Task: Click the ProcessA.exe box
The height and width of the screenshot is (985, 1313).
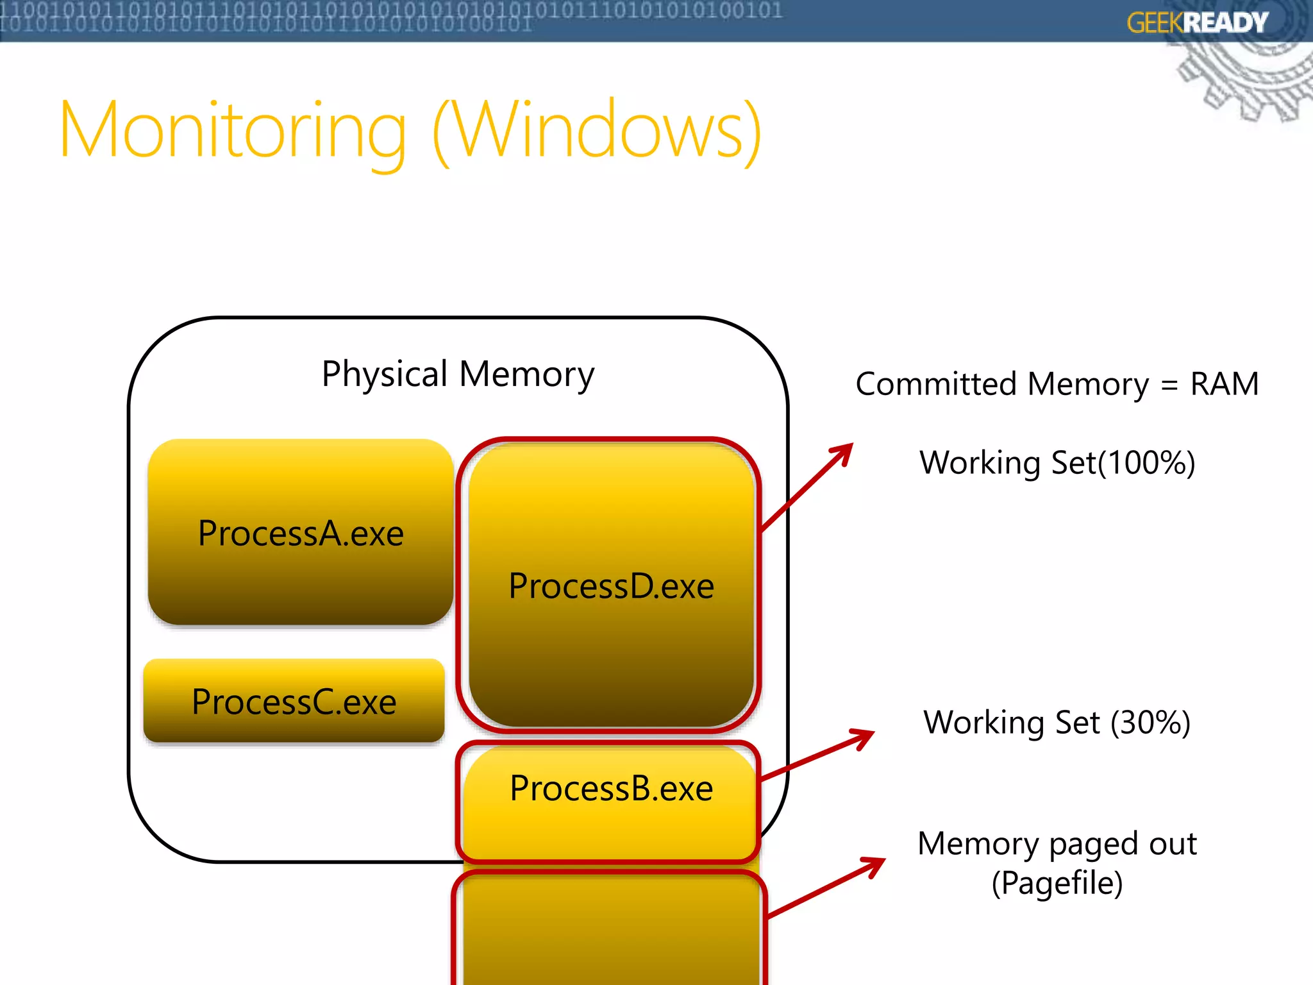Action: [300, 532]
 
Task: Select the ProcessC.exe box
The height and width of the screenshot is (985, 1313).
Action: [294, 701]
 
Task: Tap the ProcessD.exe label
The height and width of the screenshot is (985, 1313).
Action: [611, 586]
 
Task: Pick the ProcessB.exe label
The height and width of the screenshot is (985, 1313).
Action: [611, 788]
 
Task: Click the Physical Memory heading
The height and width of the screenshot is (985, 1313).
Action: [458, 374]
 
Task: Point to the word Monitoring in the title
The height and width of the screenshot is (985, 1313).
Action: [233, 130]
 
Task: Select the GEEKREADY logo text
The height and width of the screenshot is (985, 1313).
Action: [1197, 23]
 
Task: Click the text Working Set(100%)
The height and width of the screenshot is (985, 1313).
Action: [1057, 462]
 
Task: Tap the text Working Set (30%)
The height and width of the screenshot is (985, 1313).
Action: [1057, 723]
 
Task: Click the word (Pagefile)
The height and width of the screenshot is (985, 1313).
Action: [1057, 883]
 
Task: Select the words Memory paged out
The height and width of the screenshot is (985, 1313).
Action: [1057, 844]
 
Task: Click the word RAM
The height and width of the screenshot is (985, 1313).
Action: [1224, 384]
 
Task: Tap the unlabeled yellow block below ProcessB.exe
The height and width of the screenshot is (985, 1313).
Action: [609, 930]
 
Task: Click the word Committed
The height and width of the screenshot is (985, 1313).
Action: [936, 384]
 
